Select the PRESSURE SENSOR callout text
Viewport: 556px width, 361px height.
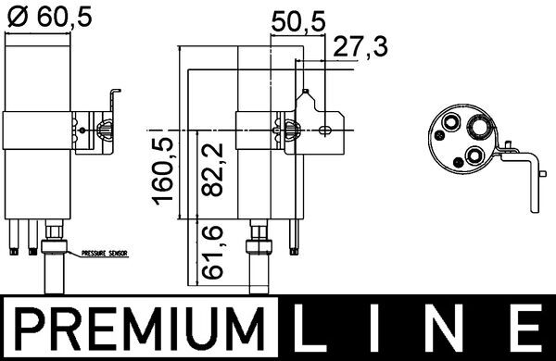click(104, 253)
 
